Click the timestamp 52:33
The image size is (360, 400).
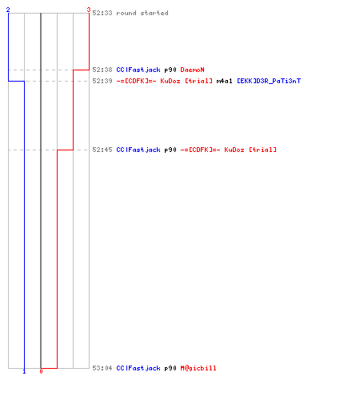pos(102,13)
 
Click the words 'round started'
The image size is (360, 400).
pos(142,13)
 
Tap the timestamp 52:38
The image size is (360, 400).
pos(102,70)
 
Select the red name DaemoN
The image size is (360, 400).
pos(192,70)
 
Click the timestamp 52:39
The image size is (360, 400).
pos(102,81)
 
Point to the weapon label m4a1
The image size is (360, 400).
pos(224,81)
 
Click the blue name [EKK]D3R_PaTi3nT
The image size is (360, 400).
pos(269,81)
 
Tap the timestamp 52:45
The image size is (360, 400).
pos(102,150)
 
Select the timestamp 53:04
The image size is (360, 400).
pos(102,368)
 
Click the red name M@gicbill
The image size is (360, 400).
pos(198,368)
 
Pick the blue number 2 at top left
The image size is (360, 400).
pos(8,10)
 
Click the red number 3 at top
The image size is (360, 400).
pos(89,10)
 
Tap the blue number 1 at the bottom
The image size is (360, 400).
pos(24,371)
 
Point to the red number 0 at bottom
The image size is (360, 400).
pos(41,371)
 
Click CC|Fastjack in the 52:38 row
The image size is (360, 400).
pos(138,70)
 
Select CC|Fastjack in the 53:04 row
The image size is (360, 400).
pos(138,368)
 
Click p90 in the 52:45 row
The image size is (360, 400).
pos(170,150)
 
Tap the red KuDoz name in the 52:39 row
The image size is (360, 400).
pos(164,81)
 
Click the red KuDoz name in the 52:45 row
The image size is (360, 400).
pos(228,150)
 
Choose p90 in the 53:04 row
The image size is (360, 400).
pos(170,368)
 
